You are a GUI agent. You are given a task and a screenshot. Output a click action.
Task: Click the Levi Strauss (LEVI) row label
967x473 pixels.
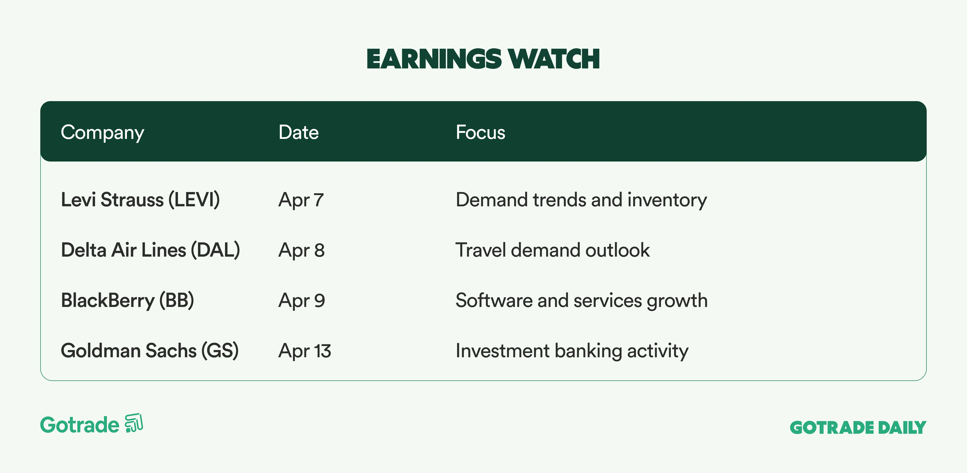140,200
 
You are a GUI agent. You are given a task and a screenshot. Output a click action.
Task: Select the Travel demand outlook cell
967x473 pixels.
552,250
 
